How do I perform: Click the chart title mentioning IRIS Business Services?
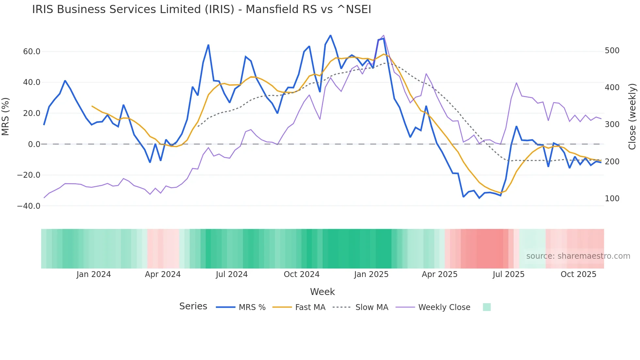point(201,9)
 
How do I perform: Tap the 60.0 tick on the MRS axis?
point(31,52)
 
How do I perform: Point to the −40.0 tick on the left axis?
point(29,206)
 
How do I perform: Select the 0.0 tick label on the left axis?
point(34,144)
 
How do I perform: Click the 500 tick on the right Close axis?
point(612,51)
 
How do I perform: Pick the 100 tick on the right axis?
point(612,199)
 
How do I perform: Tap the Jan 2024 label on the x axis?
point(94,274)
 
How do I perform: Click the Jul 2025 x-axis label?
point(508,274)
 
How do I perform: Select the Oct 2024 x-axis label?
point(301,274)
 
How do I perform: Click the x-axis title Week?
point(322,292)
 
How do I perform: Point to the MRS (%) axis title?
point(6,117)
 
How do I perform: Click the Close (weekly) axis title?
point(632,117)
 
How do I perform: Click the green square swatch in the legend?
point(487,307)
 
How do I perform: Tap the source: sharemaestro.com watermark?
point(578,256)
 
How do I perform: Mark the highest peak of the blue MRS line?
point(330,35)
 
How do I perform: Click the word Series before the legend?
point(193,306)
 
